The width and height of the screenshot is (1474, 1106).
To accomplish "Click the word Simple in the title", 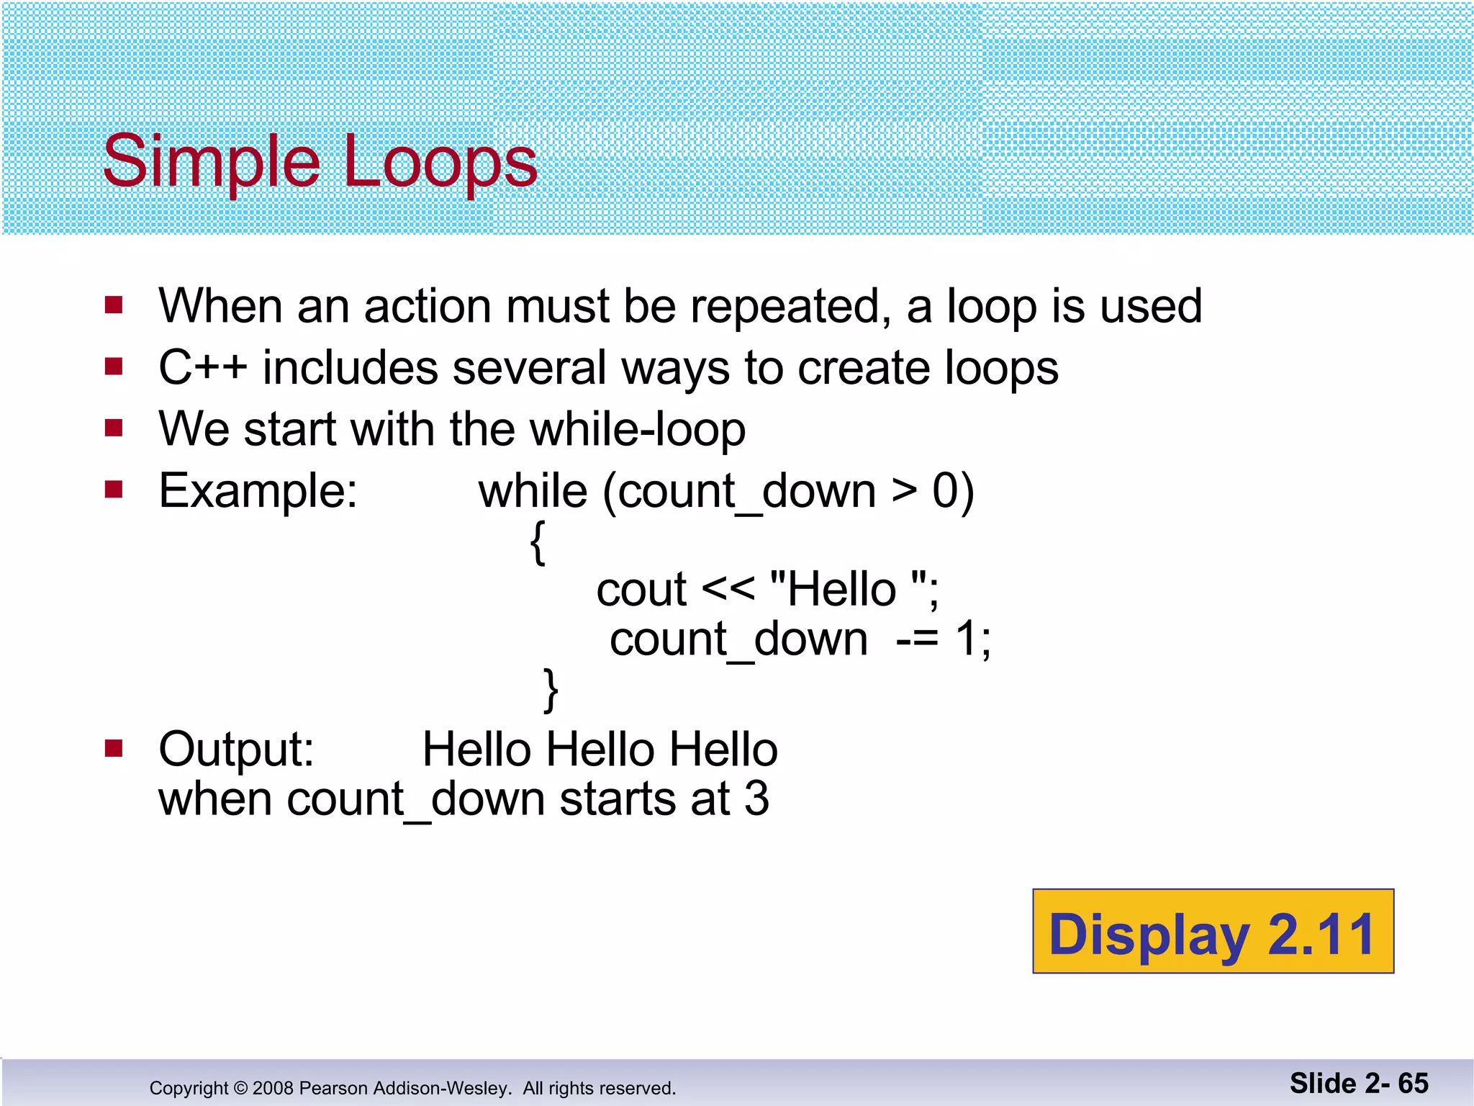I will [210, 163].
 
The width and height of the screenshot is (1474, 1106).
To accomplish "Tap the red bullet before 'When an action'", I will [114, 305].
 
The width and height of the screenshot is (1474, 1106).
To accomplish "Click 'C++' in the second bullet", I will [202, 368].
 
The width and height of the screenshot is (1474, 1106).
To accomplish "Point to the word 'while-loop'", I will [638, 430].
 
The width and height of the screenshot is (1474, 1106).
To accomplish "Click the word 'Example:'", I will [258, 491].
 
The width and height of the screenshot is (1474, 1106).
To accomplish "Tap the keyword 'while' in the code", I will [533, 492].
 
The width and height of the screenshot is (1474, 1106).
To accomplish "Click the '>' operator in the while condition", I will [904, 492].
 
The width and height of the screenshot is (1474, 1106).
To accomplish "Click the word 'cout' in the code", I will [641, 590].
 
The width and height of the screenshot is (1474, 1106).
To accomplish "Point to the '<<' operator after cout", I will [728, 590].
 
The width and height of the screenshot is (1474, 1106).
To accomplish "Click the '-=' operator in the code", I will [917, 639].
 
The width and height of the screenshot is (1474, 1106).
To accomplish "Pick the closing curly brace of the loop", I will [551, 690].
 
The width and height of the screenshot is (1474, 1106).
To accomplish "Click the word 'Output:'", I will [236, 750].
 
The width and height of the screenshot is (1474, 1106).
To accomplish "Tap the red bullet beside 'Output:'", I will [114, 749].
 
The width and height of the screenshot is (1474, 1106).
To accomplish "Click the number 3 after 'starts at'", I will [756, 799].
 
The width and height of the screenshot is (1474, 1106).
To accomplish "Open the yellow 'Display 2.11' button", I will [1213, 932].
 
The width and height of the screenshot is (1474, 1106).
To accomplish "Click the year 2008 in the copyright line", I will [273, 1088].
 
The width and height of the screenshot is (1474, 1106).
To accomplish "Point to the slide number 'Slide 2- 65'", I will [1359, 1083].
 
